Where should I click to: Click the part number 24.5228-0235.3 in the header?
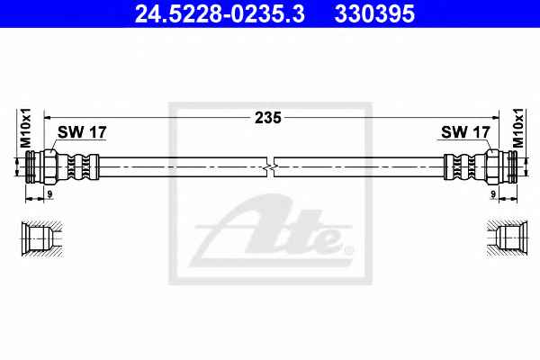point(220,14)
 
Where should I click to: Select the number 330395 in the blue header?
point(374,14)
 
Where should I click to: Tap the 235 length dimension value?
point(268,118)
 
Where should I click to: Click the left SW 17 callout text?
point(82,132)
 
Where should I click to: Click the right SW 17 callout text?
point(465,132)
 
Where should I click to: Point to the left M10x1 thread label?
point(25,128)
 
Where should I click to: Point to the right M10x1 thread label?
point(517,128)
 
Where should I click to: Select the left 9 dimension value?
point(49,194)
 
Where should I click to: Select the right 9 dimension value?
point(493,194)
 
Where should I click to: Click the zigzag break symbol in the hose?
point(270,167)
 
